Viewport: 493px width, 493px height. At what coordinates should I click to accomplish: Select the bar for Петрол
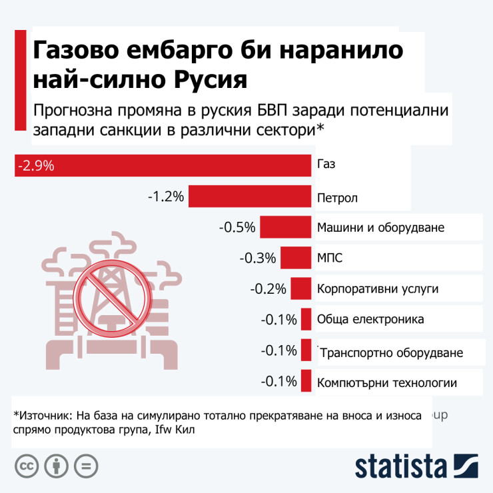(x=250, y=197)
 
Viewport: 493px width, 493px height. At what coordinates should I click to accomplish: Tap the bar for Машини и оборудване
(x=285, y=227)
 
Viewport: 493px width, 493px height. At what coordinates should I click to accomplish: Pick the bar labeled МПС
(x=296, y=258)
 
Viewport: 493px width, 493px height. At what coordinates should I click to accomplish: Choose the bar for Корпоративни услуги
(x=301, y=289)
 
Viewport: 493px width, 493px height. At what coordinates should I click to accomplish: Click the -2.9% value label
(x=36, y=165)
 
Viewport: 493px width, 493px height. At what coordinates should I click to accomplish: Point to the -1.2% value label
(x=166, y=197)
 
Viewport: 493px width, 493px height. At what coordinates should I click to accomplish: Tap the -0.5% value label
(x=237, y=227)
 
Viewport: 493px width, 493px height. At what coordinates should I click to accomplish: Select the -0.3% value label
(x=258, y=258)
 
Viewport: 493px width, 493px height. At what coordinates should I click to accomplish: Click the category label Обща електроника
(x=370, y=319)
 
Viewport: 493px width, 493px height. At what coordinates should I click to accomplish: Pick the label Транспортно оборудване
(x=391, y=352)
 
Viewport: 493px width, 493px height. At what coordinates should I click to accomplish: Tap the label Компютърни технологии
(x=387, y=382)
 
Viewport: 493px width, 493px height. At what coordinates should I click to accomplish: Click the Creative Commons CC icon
(x=26, y=465)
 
